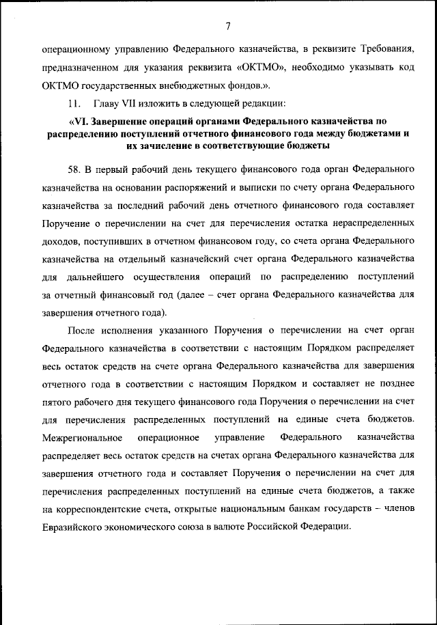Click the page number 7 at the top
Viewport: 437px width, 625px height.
click(x=227, y=26)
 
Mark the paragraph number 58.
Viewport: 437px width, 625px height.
click(x=74, y=168)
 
